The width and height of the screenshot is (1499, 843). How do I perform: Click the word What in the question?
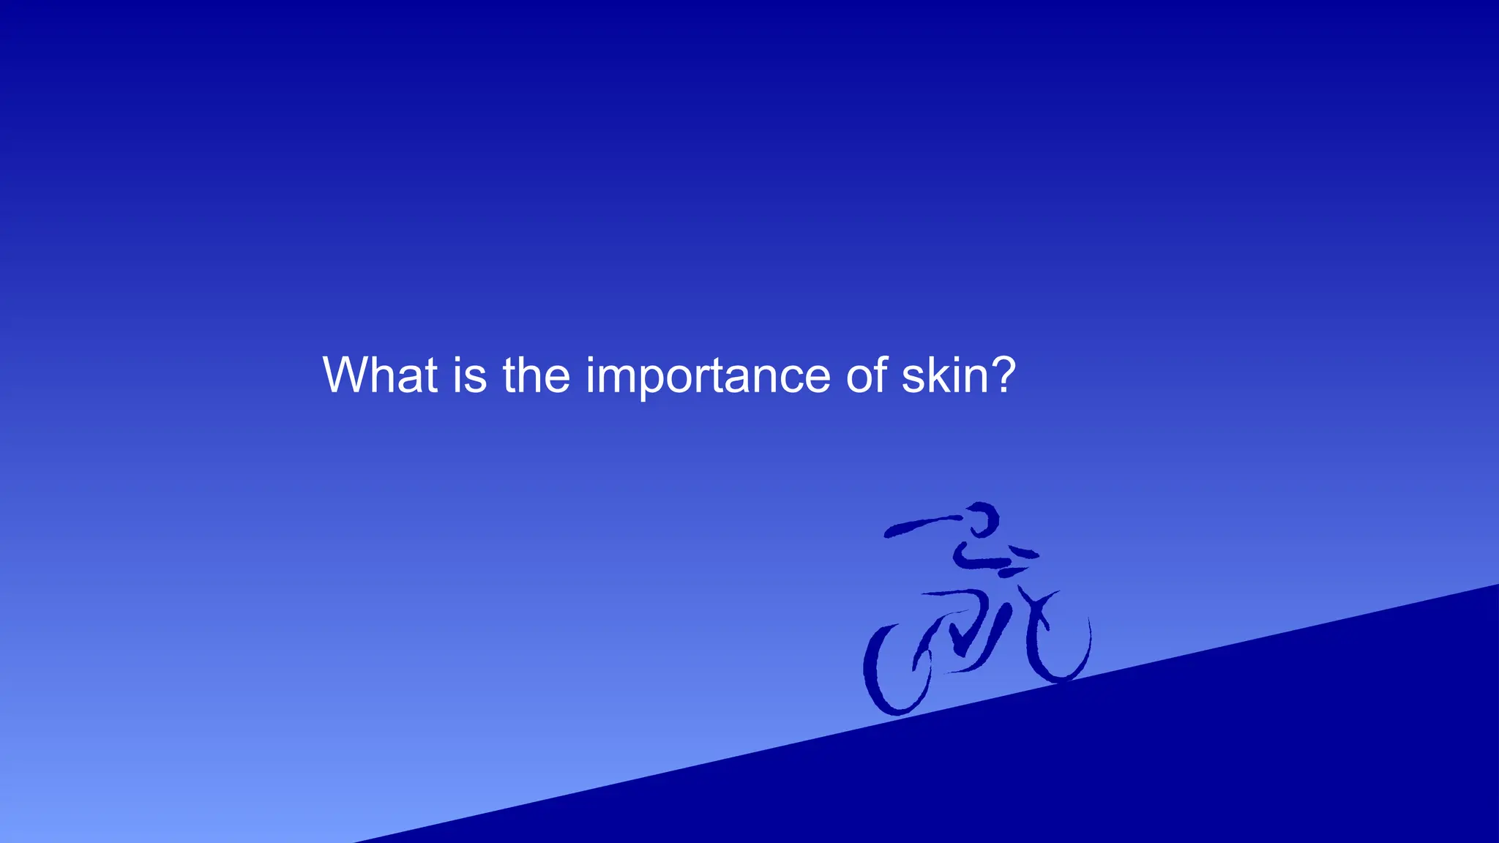[x=380, y=375]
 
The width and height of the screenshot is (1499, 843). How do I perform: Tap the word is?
[x=469, y=375]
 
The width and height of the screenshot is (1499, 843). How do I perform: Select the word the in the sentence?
[x=536, y=375]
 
